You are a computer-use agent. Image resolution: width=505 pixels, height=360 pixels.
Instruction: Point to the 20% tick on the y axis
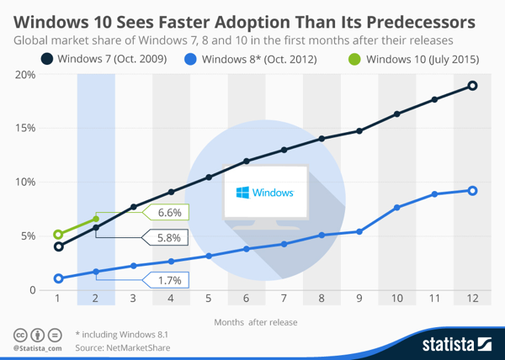24,75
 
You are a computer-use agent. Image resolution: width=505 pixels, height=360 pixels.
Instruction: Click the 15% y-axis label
24,129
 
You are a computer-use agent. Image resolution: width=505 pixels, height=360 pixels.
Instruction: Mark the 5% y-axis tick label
27,236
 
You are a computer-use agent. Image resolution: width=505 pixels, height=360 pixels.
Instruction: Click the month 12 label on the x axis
472,299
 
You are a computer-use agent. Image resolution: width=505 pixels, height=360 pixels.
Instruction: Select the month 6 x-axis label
246,299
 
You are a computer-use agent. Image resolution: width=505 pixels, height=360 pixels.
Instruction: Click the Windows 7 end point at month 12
472,86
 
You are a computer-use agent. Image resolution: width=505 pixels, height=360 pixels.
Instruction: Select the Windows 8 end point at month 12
472,191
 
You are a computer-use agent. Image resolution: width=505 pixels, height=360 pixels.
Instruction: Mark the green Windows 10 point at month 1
58,235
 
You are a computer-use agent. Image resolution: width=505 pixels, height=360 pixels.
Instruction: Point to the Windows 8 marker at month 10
397,207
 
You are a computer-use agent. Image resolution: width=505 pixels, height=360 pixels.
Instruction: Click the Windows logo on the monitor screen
242,193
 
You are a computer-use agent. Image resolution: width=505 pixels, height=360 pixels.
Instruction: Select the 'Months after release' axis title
255,321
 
